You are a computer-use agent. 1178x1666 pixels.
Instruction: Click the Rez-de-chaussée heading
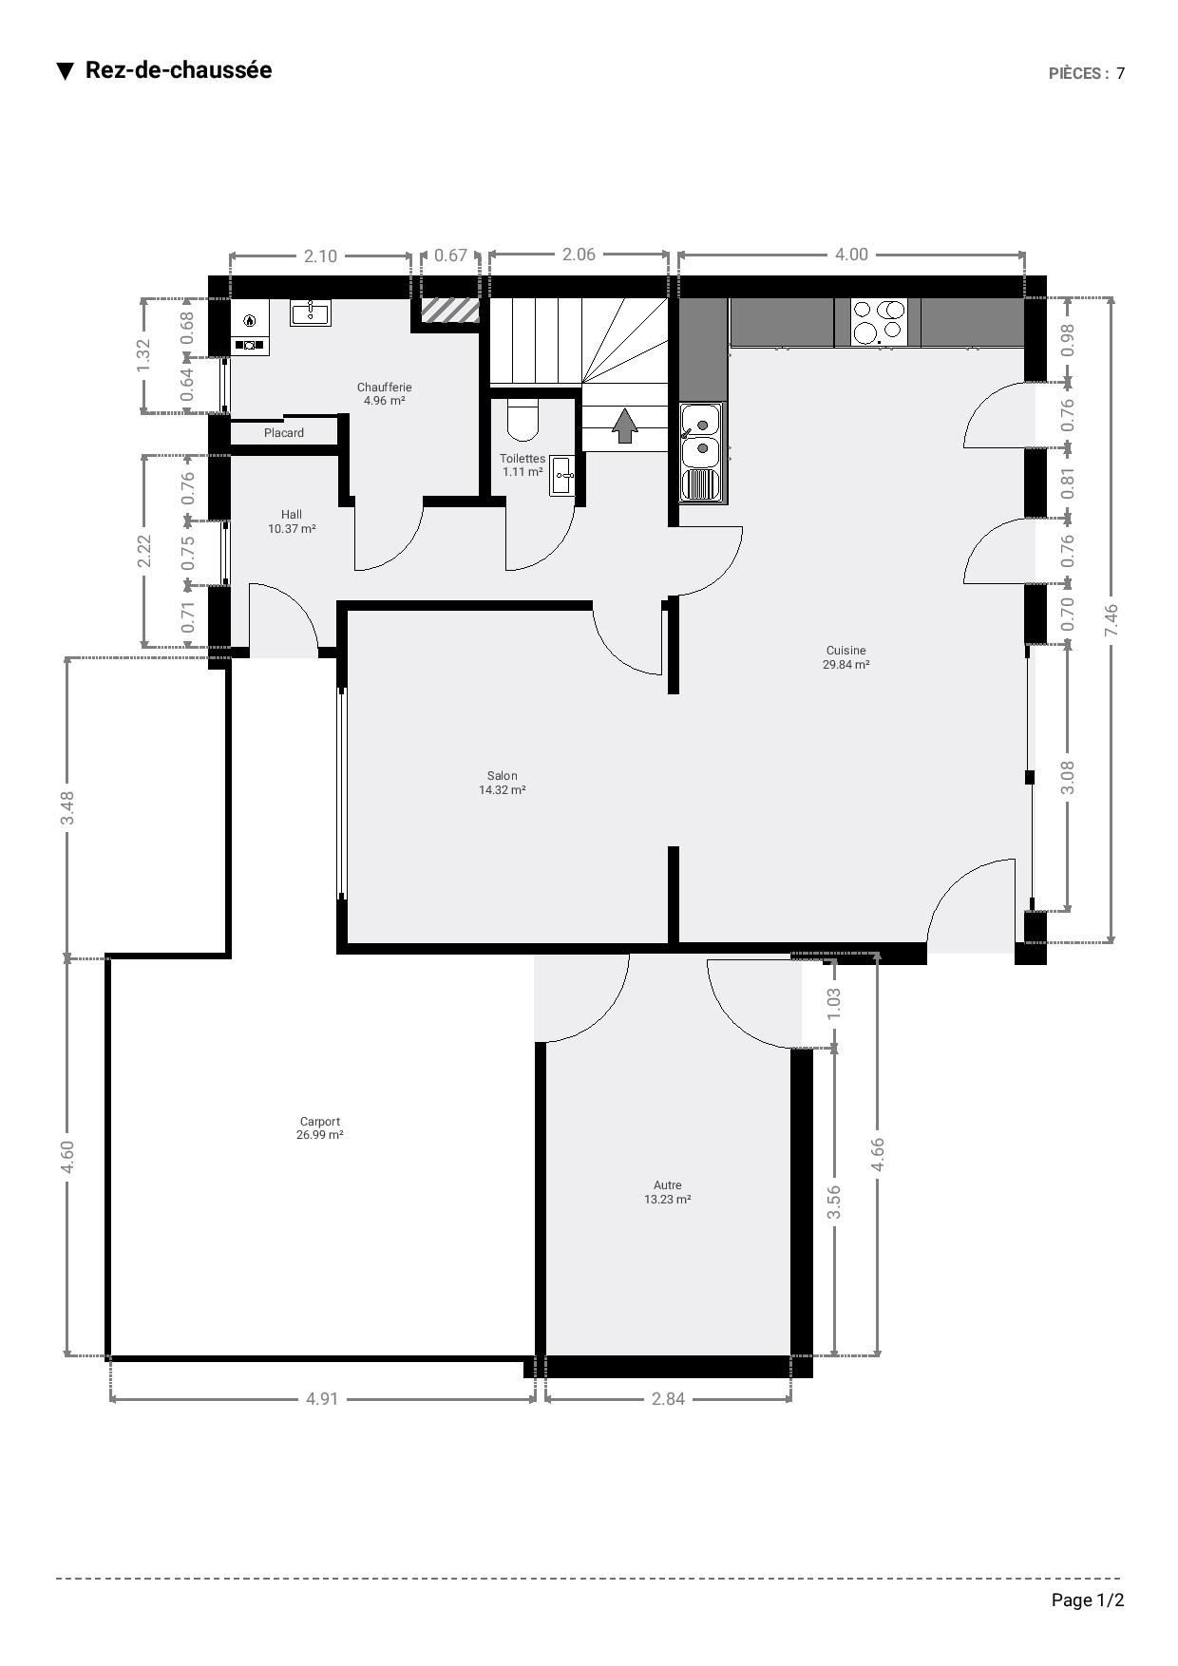coord(178,70)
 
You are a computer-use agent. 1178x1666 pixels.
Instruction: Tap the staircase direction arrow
coord(624,426)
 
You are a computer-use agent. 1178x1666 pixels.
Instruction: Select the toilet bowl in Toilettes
coord(522,420)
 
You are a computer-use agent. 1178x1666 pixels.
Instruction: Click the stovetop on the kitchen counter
coord(878,322)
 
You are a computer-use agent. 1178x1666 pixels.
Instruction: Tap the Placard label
coord(284,433)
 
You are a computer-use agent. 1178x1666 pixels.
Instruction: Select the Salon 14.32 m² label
coord(502,783)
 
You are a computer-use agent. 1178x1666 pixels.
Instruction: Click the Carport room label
coord(319,1128)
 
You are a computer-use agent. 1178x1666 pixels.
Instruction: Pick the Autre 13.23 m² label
coord(667,1192)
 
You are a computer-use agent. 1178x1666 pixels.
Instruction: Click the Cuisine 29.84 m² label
coord(845,657)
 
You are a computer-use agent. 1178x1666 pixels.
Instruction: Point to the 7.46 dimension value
coord(1111,620)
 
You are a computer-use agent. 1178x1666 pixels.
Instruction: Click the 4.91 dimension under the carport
coord(322,1398)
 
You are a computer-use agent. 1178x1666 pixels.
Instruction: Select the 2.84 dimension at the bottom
coord(668,1398)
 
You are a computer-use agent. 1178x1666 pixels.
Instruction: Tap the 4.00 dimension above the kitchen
coord(851,255)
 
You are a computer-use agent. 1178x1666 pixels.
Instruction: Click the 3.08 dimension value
coord(1067,777)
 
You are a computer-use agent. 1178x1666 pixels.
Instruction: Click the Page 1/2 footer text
coord(1087,1600)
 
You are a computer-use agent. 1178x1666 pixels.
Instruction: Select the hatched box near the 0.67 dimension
coord(449,310)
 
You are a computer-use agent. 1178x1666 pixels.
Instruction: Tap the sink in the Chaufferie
coord(311,312)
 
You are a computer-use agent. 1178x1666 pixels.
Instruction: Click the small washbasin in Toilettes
coord(561,476)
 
